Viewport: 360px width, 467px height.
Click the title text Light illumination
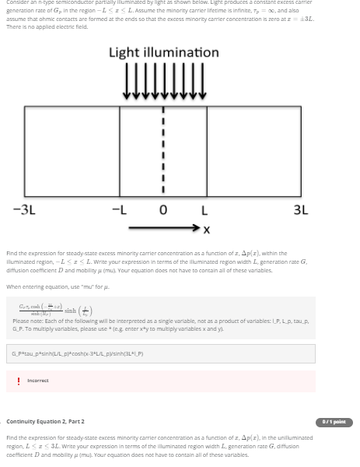click(x=163, y=53)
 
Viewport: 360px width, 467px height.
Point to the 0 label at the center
click(x=163, y=210)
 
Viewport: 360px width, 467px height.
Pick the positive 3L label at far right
click(x=301, y=210)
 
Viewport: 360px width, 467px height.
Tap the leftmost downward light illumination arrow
click(x=125, y=84)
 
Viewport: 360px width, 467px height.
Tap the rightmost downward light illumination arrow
click(x=203, y=84)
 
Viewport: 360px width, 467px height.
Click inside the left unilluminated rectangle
click(x=72, y=148)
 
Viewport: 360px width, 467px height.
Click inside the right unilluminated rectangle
click(x=254, y=148)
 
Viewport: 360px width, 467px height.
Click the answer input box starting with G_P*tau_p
click(x=161, y=354)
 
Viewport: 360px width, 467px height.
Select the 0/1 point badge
click(x=335, y=422)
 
